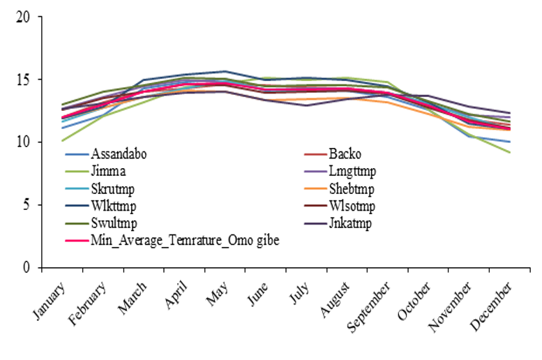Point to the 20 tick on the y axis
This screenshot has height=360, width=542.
(23, 17)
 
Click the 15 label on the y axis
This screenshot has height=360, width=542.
(23, 80)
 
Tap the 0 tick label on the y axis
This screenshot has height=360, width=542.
(27, 268)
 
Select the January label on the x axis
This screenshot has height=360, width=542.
(49, 301)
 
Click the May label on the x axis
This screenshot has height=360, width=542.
(217, 294)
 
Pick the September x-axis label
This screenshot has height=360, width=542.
(368, 307)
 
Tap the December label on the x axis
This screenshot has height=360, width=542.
(491, 306)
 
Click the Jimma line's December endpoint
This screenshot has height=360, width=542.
(509, 152)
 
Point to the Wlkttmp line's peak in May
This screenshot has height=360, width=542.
(225, 72)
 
